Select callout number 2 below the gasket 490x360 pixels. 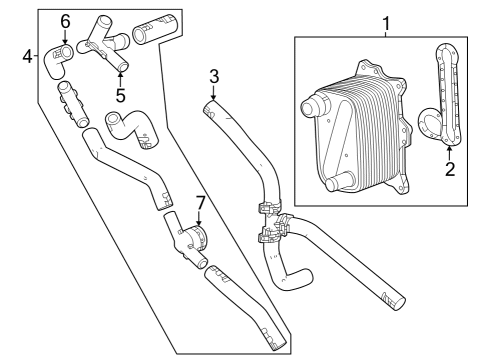click(x=450, y=169)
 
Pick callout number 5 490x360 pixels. click(x=119, y=95)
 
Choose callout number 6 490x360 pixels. click(x=65, y=21)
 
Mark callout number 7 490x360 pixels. click(x=200, y=203)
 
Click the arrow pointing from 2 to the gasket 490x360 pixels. click(x=449, y=151)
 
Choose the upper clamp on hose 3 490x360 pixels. click(x=267, y=211)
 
